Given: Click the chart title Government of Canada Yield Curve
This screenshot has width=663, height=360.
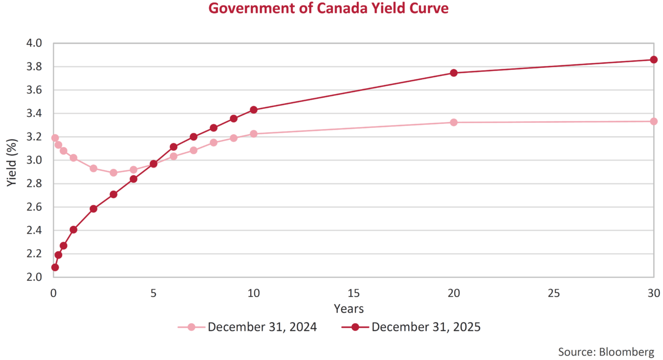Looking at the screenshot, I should pos(328,8).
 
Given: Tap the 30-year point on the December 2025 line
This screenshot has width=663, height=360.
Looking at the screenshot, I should pos(654,60).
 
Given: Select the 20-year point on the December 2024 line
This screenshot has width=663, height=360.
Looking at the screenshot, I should pos(454,122).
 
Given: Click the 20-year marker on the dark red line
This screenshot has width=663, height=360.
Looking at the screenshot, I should pos(454,73).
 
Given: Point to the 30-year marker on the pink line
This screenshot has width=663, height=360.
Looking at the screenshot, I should pos(654,121).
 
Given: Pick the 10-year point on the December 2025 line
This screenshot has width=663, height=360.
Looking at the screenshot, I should pos(253,110).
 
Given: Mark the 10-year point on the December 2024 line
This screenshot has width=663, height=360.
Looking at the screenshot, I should pos(253,134).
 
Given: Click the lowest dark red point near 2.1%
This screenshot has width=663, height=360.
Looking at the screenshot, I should pos(55,267).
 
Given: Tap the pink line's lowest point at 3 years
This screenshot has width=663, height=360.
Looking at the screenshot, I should pos(113,172).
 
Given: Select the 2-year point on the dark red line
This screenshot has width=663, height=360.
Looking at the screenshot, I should pos(93,209).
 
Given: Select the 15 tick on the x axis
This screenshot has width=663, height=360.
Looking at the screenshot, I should pos(353,293).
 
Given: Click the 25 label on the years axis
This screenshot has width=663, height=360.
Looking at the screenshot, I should pos(554,293).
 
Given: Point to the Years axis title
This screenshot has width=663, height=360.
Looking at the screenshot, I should pos(349,309).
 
